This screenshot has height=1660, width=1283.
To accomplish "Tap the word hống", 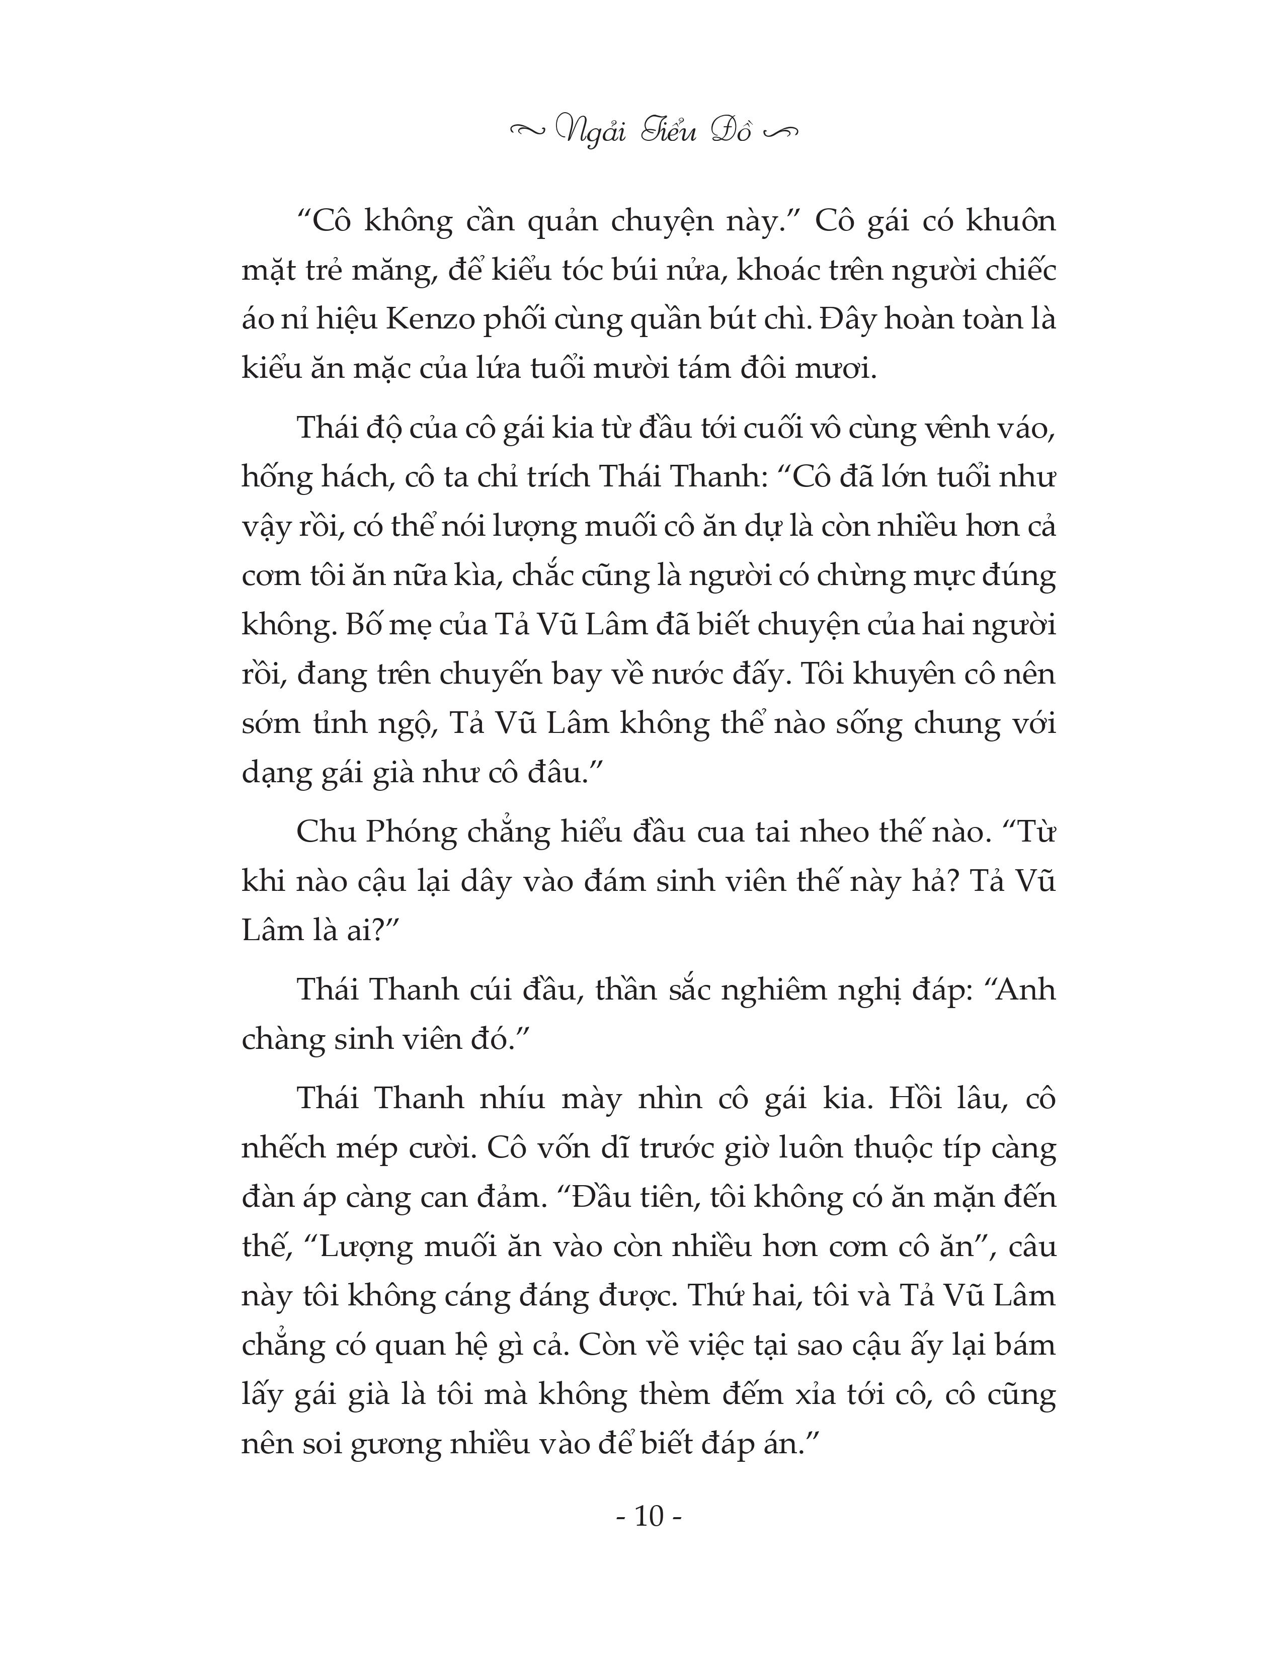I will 274,478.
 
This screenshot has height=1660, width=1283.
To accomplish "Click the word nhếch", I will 283,1148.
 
